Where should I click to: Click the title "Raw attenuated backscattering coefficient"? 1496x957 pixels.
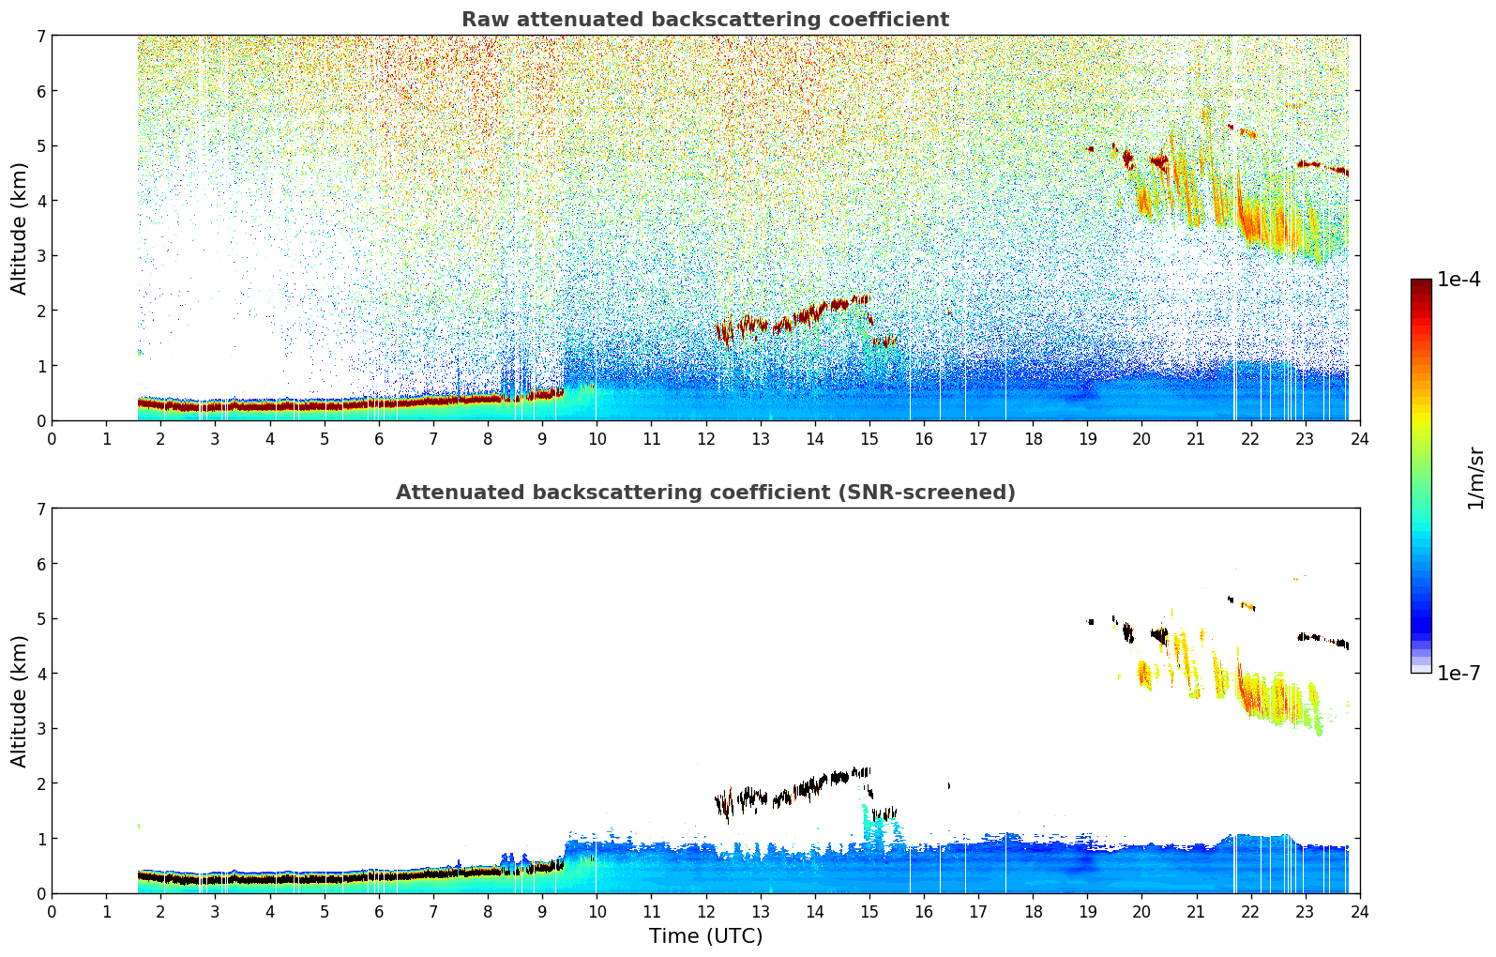(704, 20)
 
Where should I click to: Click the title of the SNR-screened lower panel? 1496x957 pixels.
(704, 493)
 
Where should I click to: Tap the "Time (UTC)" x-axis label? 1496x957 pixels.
(705, 936)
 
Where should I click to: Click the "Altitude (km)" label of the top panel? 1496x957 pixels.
(20, 228)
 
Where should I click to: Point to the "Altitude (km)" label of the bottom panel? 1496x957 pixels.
(20, 701)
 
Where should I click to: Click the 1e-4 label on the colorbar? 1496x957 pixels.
(1458, 280)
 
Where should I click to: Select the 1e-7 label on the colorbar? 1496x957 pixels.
(1458, 674)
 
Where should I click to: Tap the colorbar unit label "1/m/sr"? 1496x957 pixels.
(1475, 478)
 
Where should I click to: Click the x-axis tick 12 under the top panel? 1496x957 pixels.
(705, 438)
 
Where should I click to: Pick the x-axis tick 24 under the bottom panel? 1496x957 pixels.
(1359, 911)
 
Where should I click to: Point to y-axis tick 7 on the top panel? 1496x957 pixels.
(40, 36)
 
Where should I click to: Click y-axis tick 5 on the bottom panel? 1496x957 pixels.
(40, 618)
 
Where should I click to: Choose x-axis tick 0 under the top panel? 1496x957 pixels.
(52, 438)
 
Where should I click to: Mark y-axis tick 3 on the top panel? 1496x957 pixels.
(40, 255)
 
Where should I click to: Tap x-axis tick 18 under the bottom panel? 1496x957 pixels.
(1032, 911)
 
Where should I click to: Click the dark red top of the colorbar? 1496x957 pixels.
(1421, 283)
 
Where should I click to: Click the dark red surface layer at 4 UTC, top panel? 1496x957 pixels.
(270, 406)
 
